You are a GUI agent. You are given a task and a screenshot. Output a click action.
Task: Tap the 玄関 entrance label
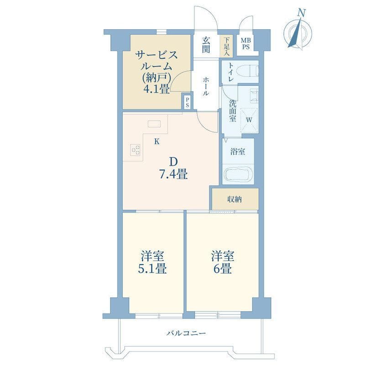(206, 45)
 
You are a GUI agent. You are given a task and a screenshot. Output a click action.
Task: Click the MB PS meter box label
(245, 44)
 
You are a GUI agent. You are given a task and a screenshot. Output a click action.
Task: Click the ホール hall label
(206, 87)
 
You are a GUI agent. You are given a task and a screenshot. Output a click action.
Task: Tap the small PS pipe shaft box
(187, 102)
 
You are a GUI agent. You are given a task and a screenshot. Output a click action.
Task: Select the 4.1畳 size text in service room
(156, 89)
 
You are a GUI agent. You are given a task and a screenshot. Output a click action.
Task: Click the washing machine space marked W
(249, 120)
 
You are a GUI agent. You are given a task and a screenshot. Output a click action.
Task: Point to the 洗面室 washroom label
(233, 111)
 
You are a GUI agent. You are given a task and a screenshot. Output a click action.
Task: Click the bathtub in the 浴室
(238, 174)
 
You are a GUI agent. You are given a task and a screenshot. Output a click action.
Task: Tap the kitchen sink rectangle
(154, 124)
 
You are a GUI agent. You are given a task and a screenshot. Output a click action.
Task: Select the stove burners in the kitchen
(135, 150)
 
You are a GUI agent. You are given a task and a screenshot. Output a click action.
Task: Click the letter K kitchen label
(157, 141)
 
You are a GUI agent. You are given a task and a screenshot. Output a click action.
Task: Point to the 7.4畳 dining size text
(173, 174)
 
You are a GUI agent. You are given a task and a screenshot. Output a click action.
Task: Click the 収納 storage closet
(235, 199)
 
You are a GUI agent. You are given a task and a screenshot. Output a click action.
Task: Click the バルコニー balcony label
(186, 334)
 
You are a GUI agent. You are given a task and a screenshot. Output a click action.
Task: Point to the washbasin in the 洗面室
(254, 95)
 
